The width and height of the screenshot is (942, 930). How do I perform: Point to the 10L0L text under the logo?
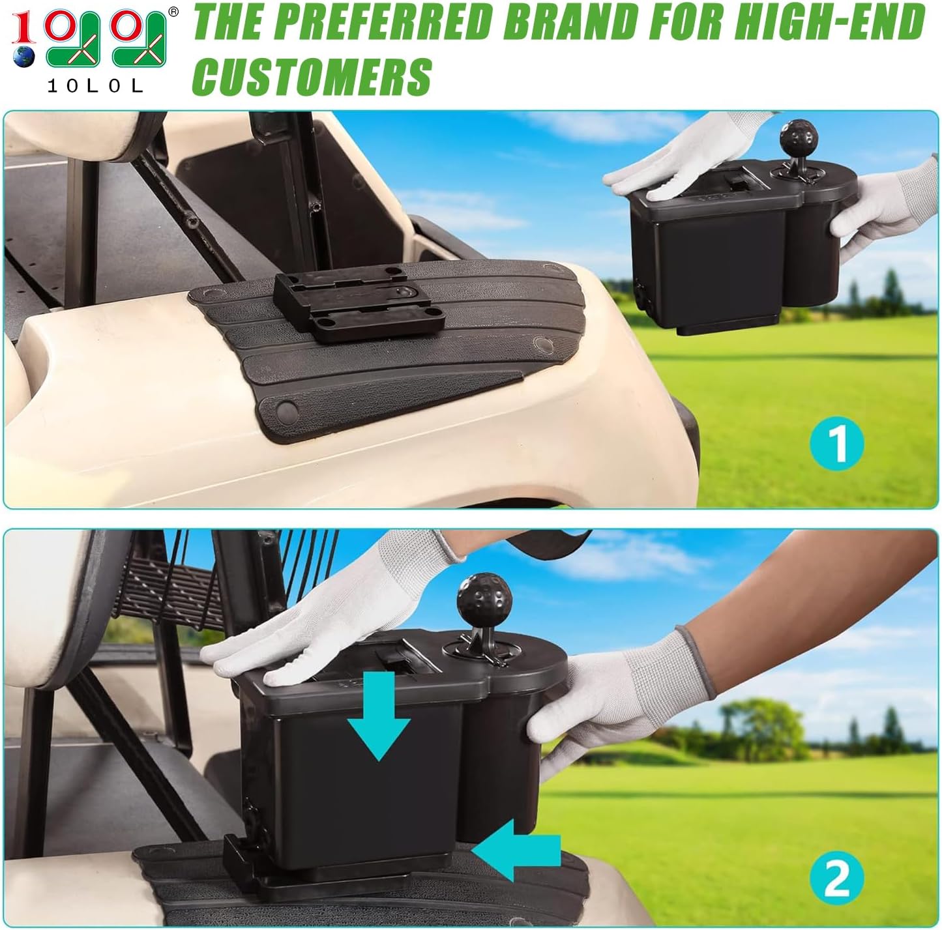tap(95, 86)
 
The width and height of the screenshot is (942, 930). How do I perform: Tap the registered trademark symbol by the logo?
tap(173, 11)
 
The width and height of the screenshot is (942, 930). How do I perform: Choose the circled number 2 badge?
tap(838, 877)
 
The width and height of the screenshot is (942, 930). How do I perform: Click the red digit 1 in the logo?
tap(23, 26)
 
